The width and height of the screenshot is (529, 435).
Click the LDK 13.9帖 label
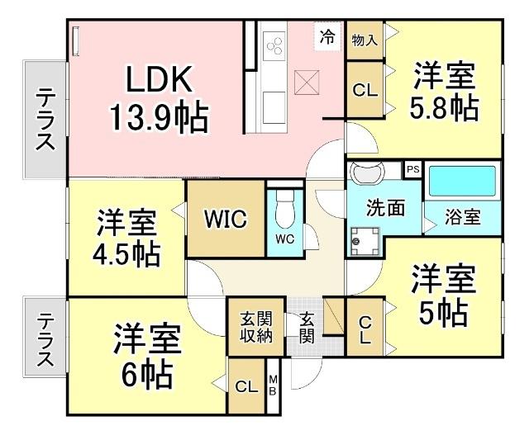pyautogui.click(x=159, y=99)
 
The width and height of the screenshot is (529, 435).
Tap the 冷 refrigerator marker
pyautogui.click(x=328, y=36)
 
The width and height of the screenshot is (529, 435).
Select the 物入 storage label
pyautogui.click(x=364, y=40)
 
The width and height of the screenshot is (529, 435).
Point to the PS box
pyautogui.click(x=412, y=169)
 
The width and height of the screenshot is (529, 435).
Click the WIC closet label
pyautogui.click(x=226, y=220)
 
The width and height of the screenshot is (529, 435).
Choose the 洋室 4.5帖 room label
pyautogui.click(x=126, y=237)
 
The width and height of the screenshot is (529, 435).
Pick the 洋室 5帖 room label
pyautogui.click(x=444, y=295)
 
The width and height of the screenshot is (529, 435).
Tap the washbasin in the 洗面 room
pyautogui.click(x=365, y=176)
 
